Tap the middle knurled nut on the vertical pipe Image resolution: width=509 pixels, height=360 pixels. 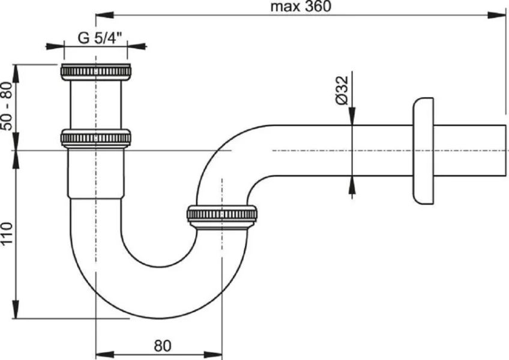[x=96, y=139]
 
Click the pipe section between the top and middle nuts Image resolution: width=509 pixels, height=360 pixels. [x=96, y=104]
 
